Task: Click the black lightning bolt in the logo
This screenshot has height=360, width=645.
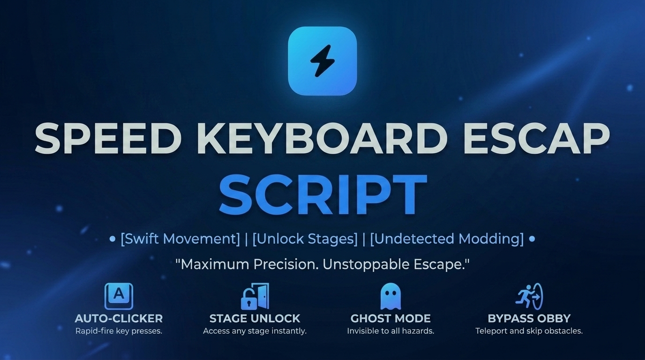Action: (322, 61)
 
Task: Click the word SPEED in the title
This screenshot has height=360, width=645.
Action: (108, 139)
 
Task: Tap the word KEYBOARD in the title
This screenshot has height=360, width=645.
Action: (322, 139)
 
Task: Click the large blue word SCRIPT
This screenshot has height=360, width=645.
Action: (322, 194)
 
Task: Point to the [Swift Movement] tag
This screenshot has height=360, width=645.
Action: (180, 239)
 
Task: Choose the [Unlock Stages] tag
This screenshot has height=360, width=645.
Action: (305, 239)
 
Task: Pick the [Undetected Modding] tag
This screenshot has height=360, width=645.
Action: (447, 239)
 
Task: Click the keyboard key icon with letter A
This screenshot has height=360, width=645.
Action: (119, 296)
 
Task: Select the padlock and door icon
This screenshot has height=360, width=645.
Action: (255, 296)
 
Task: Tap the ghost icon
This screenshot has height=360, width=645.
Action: (390, 296)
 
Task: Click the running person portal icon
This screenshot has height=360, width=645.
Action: (529, 296)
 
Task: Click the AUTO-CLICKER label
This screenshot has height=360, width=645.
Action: (119, 319)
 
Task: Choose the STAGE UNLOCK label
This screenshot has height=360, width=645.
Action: (255, 319)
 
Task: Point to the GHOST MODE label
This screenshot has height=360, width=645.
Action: (390, 319)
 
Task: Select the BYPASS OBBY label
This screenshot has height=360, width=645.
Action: (529, 319)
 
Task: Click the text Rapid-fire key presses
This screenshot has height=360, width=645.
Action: (119, 331)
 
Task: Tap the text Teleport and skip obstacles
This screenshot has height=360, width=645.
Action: (529, 331)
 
